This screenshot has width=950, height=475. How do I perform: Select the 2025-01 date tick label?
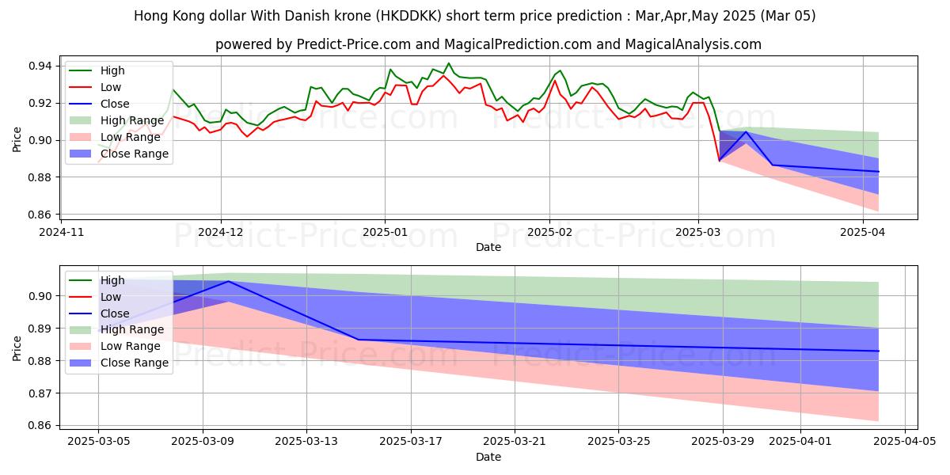[x=385, y=232]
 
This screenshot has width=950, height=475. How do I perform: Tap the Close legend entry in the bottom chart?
[x=115, y=313]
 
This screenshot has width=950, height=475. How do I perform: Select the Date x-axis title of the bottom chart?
[x=488, y=457]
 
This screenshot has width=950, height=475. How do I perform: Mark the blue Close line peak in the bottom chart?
[x=229, y=281]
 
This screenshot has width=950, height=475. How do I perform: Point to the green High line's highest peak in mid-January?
[x=449, y=63]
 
